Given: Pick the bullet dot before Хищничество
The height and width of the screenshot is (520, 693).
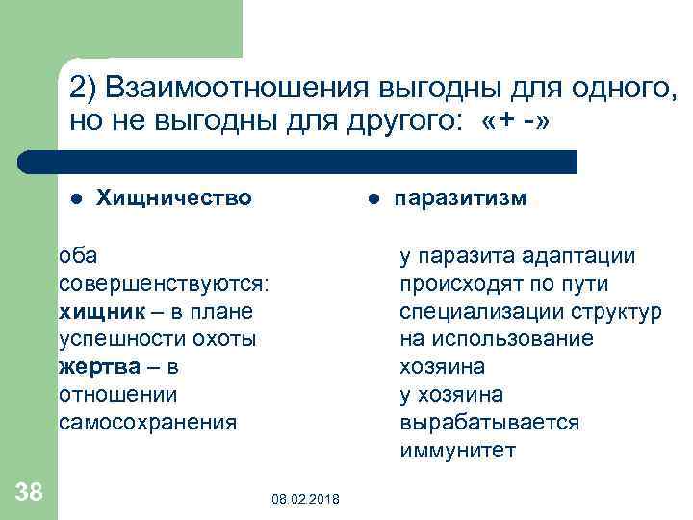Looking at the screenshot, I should coord(77,198).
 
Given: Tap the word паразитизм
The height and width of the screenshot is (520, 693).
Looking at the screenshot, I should coord(461,197).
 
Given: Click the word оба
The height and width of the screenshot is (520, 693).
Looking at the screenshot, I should coord(77,255).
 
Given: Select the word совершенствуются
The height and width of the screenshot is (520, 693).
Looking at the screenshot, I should coord(163,283).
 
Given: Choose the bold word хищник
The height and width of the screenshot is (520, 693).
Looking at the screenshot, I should coord(99,311).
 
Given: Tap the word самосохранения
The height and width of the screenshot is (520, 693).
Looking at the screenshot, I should coord(147,423).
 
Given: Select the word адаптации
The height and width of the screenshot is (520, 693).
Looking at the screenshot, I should coord(577,255).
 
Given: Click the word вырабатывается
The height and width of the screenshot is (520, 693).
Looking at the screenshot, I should coord(490,423).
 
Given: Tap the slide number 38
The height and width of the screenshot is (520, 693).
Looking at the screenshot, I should coord(29,492).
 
